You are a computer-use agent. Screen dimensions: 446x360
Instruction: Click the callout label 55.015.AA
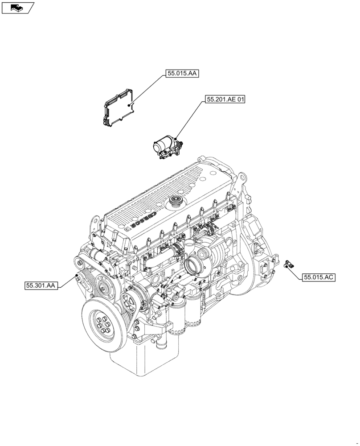coord(182,74)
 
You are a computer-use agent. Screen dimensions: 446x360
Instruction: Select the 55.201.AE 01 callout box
coord(225,99)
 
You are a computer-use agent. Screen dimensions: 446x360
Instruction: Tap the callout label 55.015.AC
coord(319,277)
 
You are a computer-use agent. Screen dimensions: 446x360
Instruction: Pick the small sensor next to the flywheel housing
coord(287,264)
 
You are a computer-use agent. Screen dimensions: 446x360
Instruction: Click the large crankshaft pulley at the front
coord(102,321)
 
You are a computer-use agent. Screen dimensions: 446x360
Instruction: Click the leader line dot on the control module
coord(130,104)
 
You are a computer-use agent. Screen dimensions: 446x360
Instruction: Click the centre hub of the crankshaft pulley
coord(102,322)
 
